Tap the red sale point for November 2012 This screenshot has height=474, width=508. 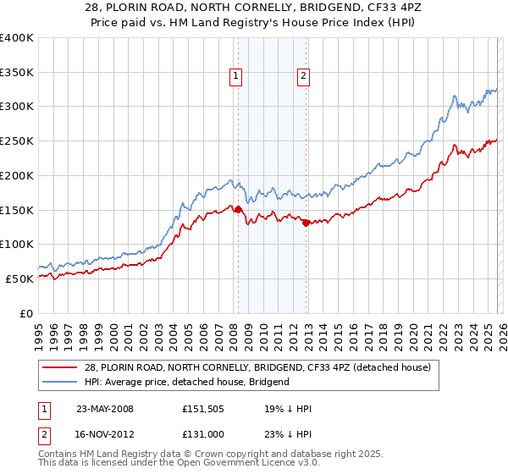(306, 223)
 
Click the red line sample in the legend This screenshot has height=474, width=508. (61, 367)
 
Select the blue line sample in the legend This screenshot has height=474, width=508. (61, 382)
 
